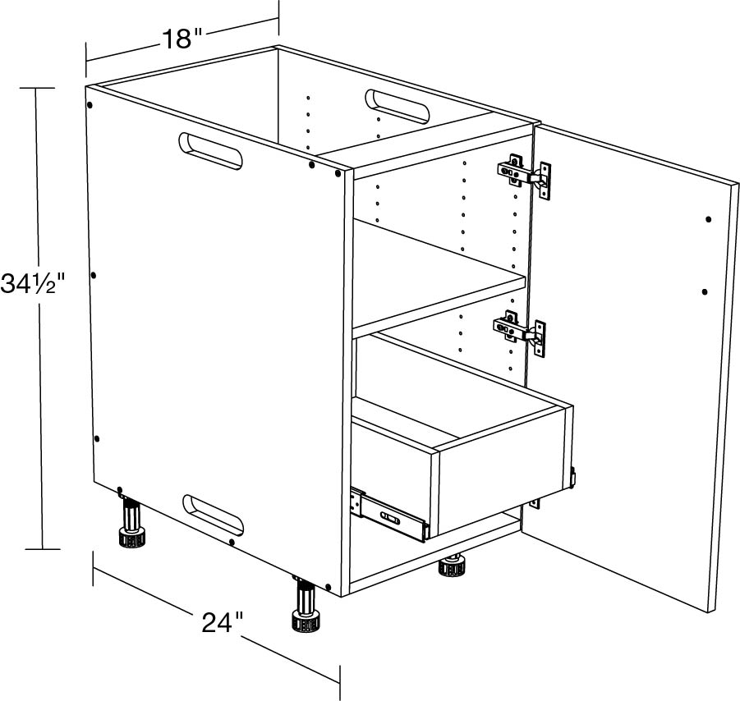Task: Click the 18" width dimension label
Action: (182, 39)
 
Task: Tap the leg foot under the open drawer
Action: (453, 566)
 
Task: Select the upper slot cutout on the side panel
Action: (210, 151)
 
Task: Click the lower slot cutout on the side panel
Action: (214, 515)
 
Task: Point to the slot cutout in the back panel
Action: (397, 107)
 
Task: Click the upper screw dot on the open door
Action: (709, 219)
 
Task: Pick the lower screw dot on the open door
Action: (705, 292)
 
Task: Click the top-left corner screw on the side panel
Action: (90, 105)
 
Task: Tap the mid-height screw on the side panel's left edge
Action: (94, 275)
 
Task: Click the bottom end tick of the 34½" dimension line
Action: (43, 549)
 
